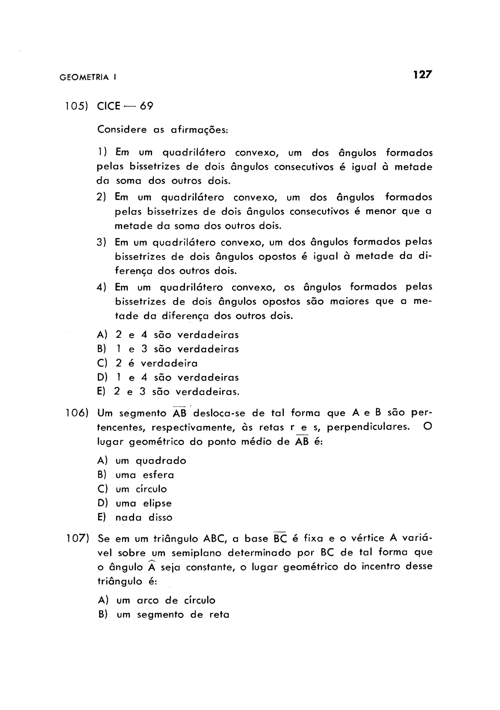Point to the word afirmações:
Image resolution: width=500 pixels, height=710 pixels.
[x=199, y=130]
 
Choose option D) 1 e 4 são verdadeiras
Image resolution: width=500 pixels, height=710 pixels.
[x=168, y=377]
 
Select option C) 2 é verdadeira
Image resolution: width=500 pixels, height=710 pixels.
[x=147, y=363]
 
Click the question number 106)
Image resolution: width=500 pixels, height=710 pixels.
[x=77, y=413]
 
